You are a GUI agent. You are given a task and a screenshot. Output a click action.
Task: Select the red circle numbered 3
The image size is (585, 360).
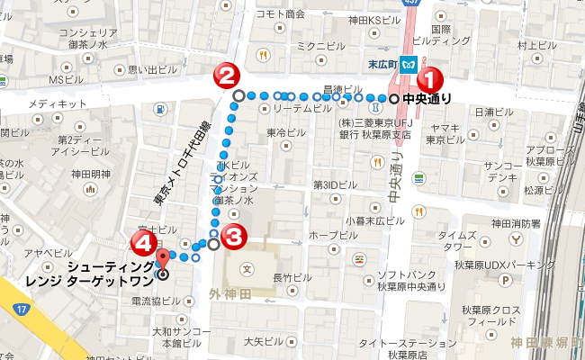[x=233, y=238]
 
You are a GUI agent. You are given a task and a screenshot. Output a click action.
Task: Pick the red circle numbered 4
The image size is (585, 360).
[x=141, y=243]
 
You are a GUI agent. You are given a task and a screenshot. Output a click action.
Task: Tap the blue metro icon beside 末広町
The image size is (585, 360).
[x=408, y=65]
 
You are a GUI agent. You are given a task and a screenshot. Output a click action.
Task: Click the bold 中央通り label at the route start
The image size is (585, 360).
[x=426, y=99]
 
